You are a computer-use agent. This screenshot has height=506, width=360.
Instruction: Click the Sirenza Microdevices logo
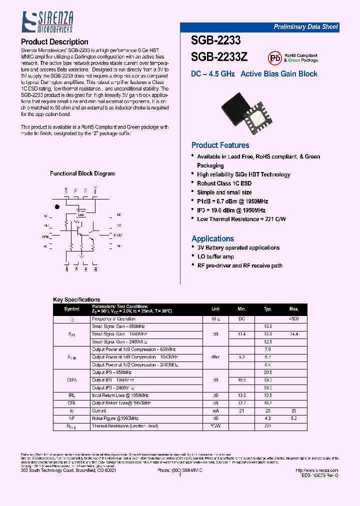pos(47,23)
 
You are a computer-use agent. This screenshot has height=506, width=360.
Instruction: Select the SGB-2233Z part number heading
pos(219,57)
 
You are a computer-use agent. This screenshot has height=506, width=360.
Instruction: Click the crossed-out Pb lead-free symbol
pos(274,57)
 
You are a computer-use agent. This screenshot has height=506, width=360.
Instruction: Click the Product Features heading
pos(220,145)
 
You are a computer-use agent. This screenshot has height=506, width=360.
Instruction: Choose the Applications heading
pos(212,239)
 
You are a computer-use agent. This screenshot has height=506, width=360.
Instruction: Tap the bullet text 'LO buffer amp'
pos(215,256)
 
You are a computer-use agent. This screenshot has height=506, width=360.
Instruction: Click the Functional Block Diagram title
pos(82,174)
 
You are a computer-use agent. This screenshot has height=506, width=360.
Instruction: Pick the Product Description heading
pos(54,42)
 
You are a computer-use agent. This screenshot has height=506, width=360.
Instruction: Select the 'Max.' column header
pos(293,309)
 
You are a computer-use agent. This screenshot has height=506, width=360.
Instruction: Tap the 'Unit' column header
pos(215,309)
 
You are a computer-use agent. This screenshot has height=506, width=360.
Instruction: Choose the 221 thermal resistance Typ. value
pos(267,426)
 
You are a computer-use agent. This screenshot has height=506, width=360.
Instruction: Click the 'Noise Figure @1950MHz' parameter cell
pos(115,418)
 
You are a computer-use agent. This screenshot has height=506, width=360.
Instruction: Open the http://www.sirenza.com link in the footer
pos(316,470)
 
